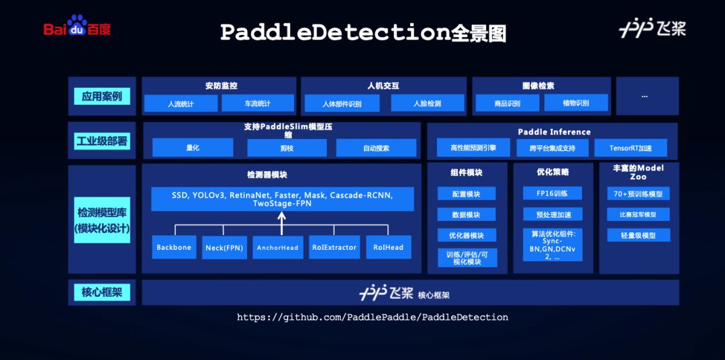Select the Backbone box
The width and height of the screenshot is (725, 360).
tap(174, 247)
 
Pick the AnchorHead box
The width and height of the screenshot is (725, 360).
tap(278, 247)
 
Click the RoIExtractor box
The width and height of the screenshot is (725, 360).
tap(334, 247)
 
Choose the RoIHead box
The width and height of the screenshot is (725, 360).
tap(389, 247)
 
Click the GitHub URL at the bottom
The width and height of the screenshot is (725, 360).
tap(373, 318)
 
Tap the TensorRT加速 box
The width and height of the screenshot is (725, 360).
tap(630, 148)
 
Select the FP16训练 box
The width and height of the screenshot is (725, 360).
tap(552, 193)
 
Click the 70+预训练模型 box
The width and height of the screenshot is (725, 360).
tap(638, 193)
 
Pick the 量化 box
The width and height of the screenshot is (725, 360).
tap(193, 148)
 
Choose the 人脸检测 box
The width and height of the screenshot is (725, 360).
tap(427, 103)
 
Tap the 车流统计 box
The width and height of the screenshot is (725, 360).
tap(258, 103)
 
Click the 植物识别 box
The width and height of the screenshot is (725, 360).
tap(576, 103)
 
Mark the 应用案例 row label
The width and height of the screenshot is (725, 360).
tap(102, 96)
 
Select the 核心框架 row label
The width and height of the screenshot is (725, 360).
tap(102, 292)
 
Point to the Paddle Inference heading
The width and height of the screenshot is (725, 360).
tap(554, 132)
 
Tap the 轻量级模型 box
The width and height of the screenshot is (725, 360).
tap(638, 235)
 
